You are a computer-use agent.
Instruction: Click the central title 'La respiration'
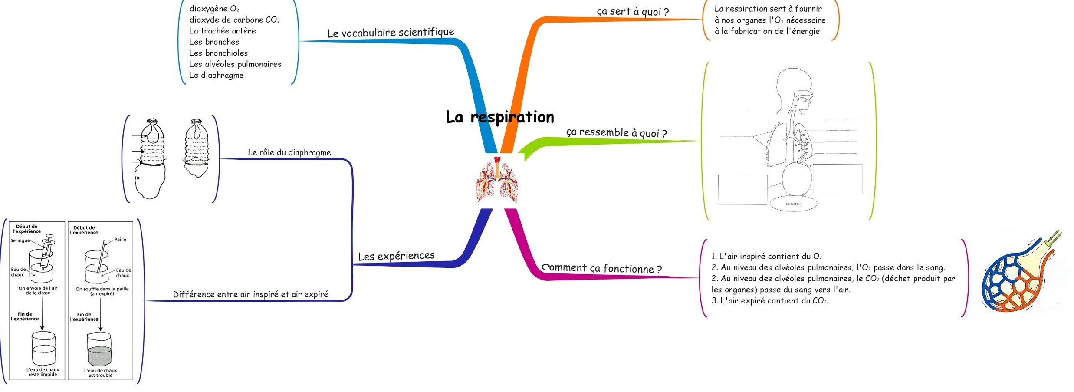499,117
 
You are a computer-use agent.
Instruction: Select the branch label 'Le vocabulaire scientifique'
391,33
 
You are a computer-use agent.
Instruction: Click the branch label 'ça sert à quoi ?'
633,12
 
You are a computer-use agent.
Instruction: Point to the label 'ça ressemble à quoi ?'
616,132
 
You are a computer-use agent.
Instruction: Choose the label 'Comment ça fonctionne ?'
602,268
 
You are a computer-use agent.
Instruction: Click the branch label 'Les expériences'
396,256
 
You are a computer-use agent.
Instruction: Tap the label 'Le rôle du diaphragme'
289,152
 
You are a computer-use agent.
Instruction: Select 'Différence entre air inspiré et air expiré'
250,294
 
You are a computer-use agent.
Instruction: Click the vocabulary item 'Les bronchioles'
218,53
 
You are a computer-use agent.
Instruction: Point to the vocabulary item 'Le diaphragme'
216,75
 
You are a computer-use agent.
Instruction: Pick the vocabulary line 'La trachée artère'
222,31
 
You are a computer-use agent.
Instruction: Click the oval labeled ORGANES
793,204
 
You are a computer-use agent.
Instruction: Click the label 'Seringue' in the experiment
20,240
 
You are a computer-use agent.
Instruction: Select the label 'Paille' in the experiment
120,240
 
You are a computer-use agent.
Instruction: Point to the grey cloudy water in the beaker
100,355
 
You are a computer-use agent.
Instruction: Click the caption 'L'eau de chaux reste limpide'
43,372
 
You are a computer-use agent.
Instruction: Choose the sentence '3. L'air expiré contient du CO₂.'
769,300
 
